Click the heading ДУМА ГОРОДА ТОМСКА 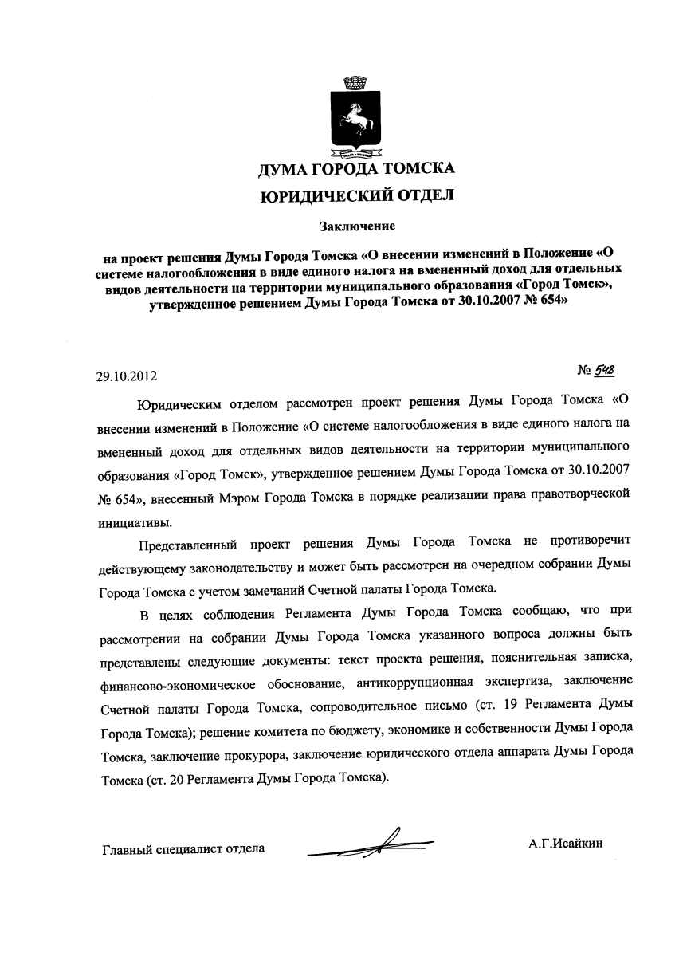(356, 169)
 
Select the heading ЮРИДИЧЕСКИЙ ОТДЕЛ (357, 195)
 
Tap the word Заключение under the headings (358, 226)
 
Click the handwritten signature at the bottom (375, 844)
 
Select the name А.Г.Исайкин (564, 843)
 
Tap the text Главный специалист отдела (183, 848)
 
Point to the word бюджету (347, 730)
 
